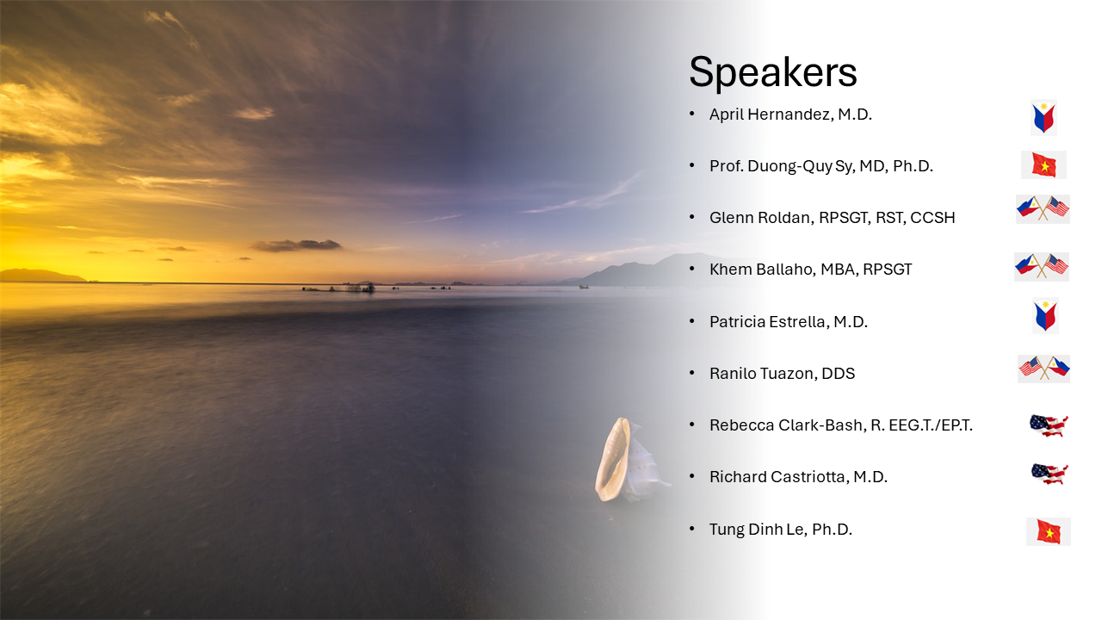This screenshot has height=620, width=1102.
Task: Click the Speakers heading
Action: pyautogui.click(x=773, y=72)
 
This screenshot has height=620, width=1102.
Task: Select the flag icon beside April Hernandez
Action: pyautogui.click(x=1043, y=118)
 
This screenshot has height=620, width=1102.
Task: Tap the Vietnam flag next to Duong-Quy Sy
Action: pyautogui.click(x=1043, y=164)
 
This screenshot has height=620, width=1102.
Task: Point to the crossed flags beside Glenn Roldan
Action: pyautogui.click(x=1043, y=209)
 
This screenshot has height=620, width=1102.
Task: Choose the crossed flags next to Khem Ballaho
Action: pyautogui.click(x=1042, y=267)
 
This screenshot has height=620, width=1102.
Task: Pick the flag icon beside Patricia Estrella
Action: pyautogui.click(x=1045, y=315)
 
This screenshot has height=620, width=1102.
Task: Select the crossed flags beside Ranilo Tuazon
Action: pyautogui.click(x=1044, y=369)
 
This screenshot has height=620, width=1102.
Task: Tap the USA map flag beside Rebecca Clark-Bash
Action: pyautogui.click(x=1049, y=425)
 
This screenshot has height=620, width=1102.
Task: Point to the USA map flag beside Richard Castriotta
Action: pyautogui.click(x=1049, y=474)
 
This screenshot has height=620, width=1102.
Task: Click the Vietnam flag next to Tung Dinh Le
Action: pyautogui.click(x=1049, y=531)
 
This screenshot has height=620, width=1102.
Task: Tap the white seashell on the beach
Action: pyautogui.click(x=628, y=460)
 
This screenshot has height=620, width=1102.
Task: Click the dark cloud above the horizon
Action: pyautogui.click(x=297, y=245)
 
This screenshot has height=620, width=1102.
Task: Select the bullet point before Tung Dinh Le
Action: pyautogui.click(x=692, y=529)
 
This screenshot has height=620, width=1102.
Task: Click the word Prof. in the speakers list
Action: pyautogui.click(x=726, y=166)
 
